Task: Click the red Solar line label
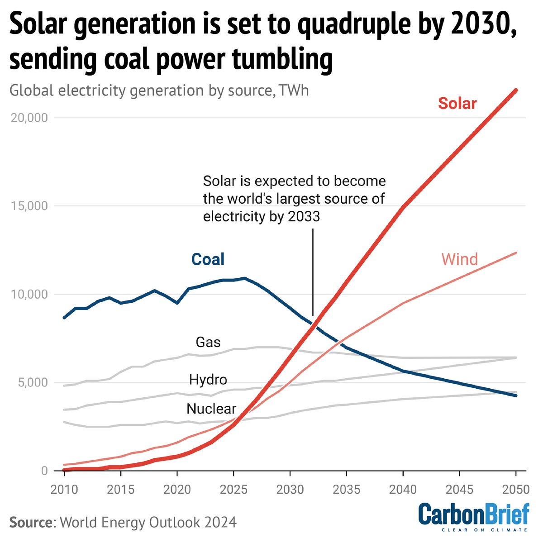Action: click(457, 103)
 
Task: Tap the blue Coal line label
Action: click(208, 259)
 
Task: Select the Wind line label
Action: click(459, 259)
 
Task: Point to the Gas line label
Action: click(208, 342)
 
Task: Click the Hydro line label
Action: click(208, 379)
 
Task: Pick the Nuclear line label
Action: click(211, 409)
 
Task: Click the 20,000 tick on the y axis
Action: click(29, 118)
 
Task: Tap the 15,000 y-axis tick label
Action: click(29, 206)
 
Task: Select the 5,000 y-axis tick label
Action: click(31, 383)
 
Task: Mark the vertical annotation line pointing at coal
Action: click(313, 271)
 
